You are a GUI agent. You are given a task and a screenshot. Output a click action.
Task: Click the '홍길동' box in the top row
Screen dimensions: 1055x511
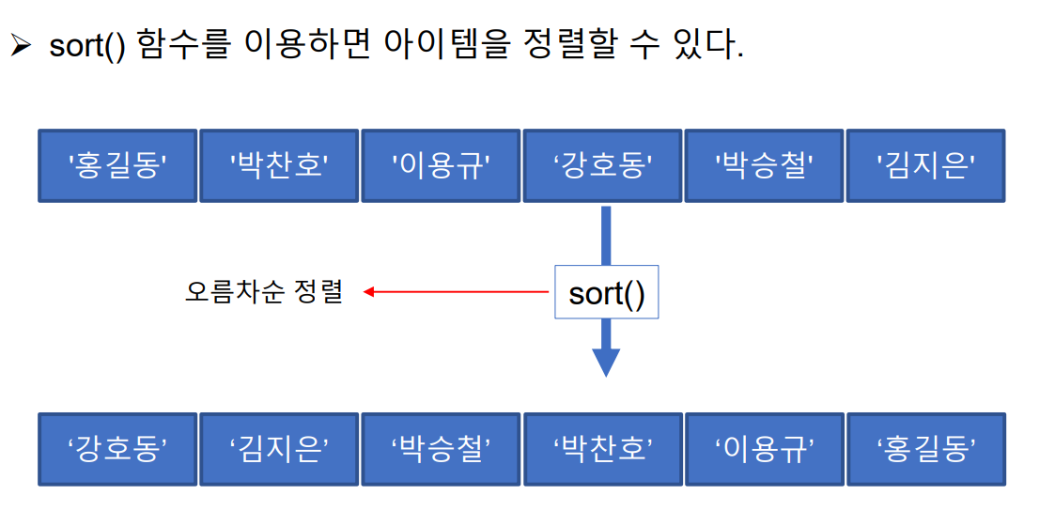117,166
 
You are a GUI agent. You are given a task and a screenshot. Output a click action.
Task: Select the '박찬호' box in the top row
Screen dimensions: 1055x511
279,166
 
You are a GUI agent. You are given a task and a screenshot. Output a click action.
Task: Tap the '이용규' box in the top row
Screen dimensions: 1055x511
441,166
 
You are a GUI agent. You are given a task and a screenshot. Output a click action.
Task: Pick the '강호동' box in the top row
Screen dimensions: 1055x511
603,166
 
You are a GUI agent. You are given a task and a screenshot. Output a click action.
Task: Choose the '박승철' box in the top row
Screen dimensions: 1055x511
765,166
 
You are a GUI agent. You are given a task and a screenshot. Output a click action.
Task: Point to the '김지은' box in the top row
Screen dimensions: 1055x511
926,166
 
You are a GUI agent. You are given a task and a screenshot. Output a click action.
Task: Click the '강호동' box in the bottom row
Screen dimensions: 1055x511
117,449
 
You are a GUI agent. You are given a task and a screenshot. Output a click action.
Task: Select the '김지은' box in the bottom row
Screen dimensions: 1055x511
279,449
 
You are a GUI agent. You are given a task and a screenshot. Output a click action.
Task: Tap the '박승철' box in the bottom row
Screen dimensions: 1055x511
441,449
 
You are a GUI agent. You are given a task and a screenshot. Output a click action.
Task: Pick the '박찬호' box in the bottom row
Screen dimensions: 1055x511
603,449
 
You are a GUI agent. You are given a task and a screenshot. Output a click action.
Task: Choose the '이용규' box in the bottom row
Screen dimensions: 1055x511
765,449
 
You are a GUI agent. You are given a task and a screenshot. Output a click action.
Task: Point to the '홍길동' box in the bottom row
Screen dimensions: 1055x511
926,449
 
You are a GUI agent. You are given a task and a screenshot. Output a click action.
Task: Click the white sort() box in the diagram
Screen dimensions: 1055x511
606,293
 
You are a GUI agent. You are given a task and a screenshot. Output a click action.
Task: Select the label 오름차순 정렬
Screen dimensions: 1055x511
264,291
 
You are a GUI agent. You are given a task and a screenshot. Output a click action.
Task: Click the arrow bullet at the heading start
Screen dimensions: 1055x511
21,46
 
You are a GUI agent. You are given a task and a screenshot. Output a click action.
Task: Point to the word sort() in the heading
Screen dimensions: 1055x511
87,46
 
